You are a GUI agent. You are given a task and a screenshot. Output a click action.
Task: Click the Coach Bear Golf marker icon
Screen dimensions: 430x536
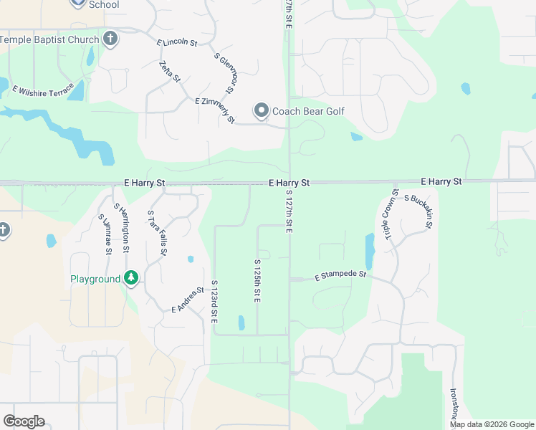(x=261, y=111)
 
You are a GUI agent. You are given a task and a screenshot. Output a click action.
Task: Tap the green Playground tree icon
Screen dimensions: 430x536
(x=130, y=278)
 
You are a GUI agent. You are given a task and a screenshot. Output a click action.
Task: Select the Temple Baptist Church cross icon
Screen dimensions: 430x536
(x=110, y=39)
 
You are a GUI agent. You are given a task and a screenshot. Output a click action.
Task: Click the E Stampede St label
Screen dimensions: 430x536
(x=340, y=275)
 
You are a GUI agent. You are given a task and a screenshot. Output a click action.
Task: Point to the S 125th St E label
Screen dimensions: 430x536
(x=257, y=281)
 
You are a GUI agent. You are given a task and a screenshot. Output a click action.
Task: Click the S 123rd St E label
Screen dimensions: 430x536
(x=214, y=301)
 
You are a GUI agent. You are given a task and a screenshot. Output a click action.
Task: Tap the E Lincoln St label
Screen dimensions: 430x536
(x=177, y=43)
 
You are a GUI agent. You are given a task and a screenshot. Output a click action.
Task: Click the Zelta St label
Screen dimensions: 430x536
(x=170, y=72)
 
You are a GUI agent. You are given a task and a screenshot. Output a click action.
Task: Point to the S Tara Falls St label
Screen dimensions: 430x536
(x=157, y=233)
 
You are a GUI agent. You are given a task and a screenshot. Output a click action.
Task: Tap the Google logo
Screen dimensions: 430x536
(x=24, y=421)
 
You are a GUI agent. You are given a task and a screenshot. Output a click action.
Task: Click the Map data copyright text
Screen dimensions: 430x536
(x=491, y=424)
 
